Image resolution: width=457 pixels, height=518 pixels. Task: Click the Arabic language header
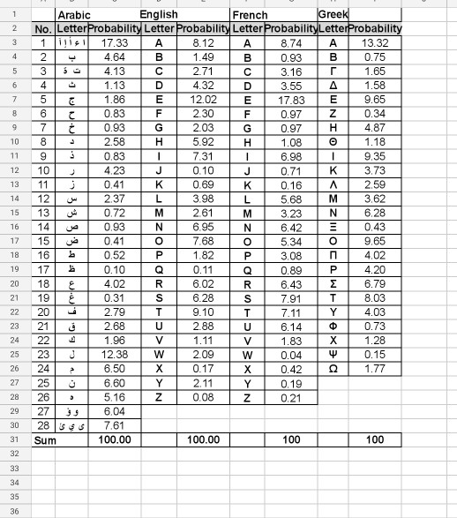click(x=73, y=15)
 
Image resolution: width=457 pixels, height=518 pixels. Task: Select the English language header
click(x=159, y=15)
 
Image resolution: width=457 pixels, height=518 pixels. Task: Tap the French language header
click(x=249, y=15)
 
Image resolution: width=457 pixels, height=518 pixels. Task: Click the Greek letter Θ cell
click(x=333, y=142)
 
